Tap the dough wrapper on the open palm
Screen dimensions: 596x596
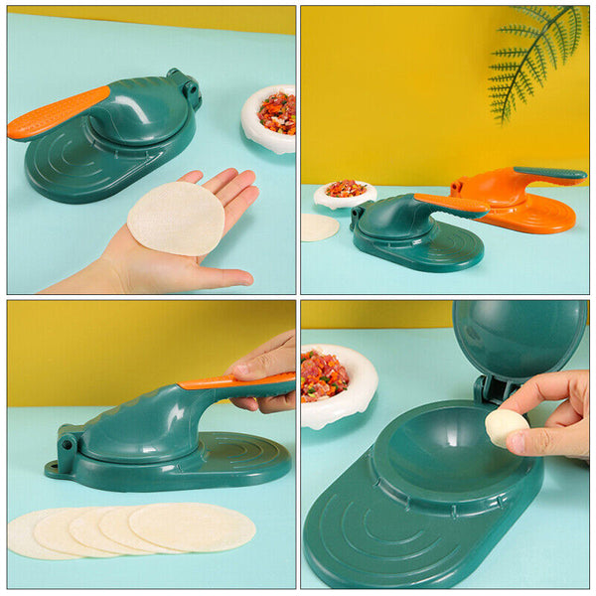tap(177, 218)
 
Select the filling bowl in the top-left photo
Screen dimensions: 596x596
tap(271, 118)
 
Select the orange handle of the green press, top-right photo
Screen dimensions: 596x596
tap(452, 204)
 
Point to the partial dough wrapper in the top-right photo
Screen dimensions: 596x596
tap(318, 227)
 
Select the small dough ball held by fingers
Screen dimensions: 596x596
tap(506, 427)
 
